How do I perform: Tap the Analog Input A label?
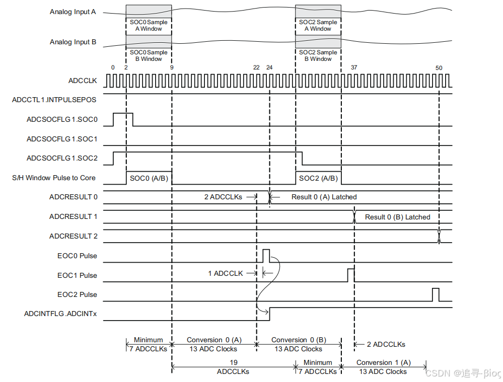click(x=73, y=12)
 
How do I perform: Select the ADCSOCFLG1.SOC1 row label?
click(x=62, y=139)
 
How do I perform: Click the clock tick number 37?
click(x=354, y=67)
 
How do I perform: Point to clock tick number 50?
click(x=439, y=67)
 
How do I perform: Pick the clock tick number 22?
click(x=256, y=67)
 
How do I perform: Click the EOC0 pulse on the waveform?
click(x=266, y=255)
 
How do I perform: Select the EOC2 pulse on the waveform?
click(x=436, y=294)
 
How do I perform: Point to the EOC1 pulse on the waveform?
click(x=351, y=275)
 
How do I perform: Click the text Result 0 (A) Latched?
click(x=324, y=197)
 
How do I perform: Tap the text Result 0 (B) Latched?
click(x=397, y=217)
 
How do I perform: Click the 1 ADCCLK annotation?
click(x=225, y=273)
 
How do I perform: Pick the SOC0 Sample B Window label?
click(x=149, y=55)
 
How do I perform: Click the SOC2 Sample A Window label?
click(x=318, y=25)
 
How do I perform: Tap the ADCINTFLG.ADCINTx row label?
click(x=60, y=314)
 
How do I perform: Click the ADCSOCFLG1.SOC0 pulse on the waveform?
click(x=123, y=119)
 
